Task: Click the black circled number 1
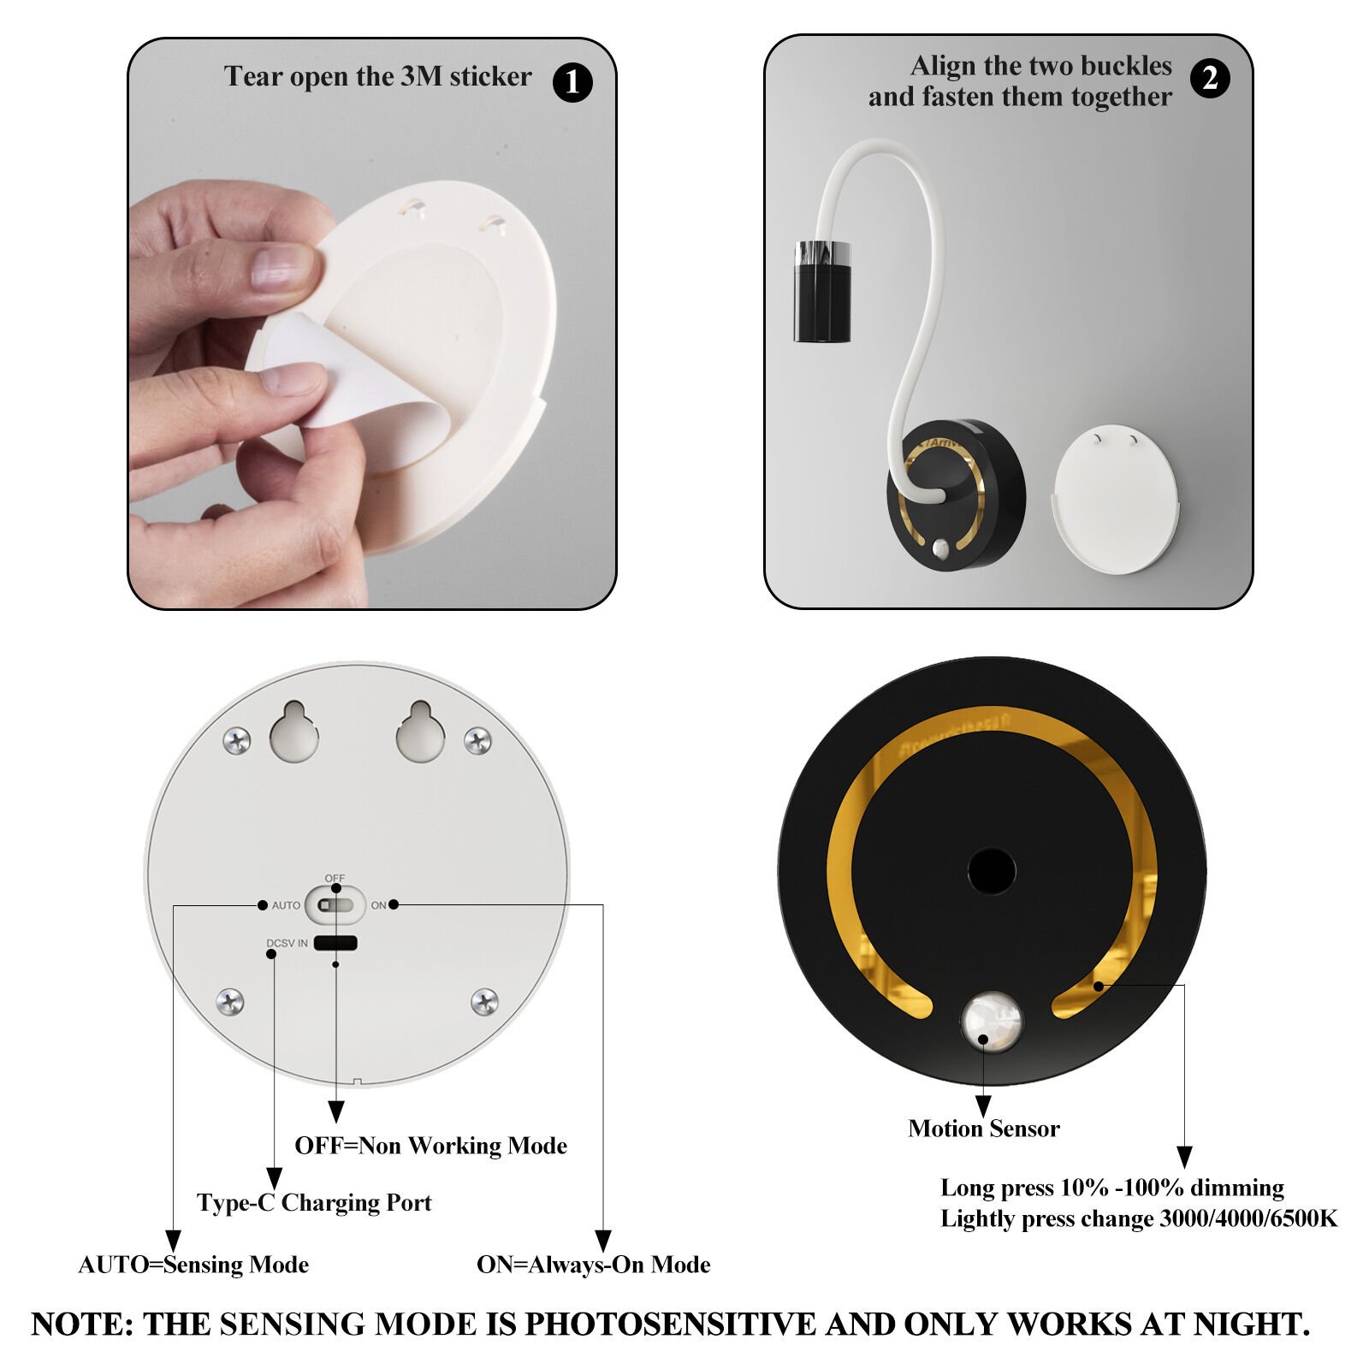coord(572,82)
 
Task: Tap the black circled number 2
coord(1210,79)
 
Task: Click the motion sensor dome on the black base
coord(992,1020)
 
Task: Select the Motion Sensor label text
coord(984,1129)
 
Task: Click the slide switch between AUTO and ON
coord(335,904)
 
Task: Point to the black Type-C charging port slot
coord(335,943)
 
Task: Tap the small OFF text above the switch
coord(335,879)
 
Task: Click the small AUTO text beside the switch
coord(286,905)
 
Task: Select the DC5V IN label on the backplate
coord(287,944)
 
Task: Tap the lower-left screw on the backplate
coord(230,1001)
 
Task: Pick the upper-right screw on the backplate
coord(477,740)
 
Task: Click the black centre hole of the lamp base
coord(992,872)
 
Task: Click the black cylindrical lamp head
coord(822,292)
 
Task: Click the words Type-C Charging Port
coord(314,1202)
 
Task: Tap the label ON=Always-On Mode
coord(594,1265)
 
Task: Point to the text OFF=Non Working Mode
coord(431,1146)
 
